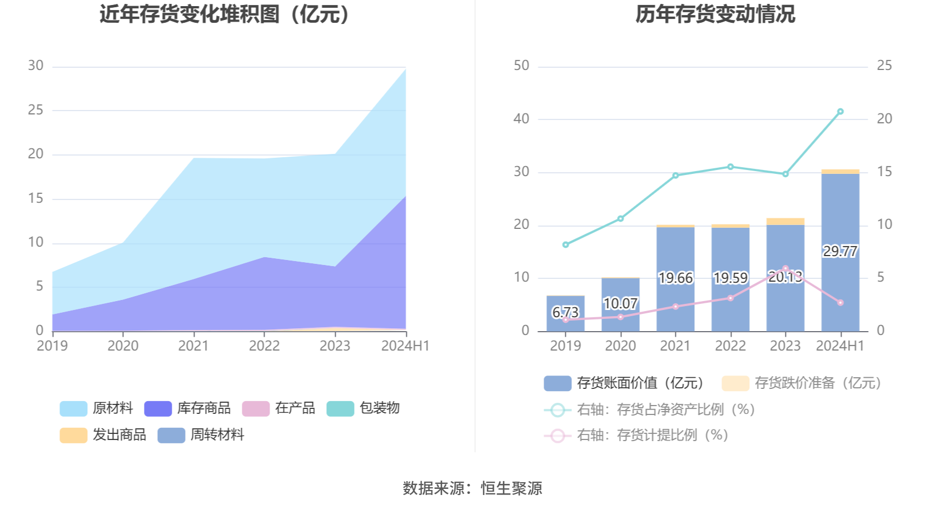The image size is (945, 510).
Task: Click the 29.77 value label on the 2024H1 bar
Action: coord(840,251)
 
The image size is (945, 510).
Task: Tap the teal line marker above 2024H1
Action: coord(840,112)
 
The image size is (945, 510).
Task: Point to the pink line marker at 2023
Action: coord(785,268)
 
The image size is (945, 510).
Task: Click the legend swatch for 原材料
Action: coord(73,408)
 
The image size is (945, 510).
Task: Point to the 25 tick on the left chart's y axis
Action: coord(36,110)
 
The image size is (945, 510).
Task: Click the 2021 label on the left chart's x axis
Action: coord(193,346)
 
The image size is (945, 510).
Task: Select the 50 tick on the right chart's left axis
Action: coord(521,66)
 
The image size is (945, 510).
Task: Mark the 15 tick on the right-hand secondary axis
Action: coord(884,172)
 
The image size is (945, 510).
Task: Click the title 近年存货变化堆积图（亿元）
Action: coord(225,14)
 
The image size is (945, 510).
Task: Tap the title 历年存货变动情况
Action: coord(715,14)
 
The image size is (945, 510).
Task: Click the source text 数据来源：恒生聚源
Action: coord(472,488)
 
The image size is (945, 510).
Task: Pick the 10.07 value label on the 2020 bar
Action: coord(620,303)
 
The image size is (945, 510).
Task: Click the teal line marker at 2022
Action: coord(730,167)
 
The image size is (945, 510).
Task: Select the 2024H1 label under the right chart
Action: coord(840,346)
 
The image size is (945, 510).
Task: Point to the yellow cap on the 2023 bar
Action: coord(785,222)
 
